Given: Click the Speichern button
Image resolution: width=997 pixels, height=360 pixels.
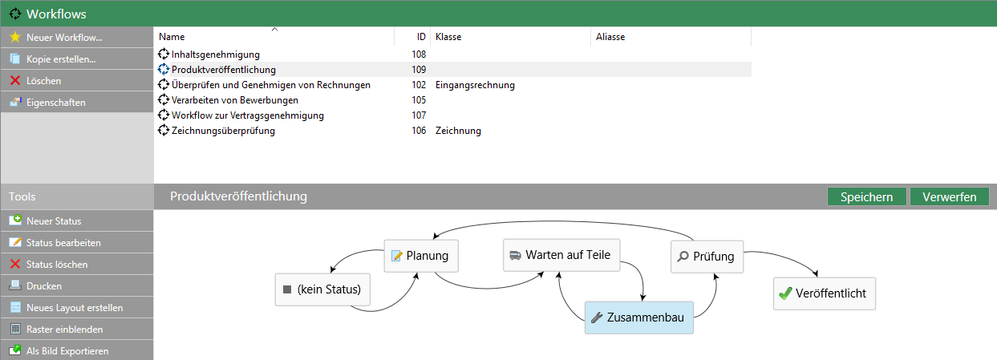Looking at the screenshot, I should point(866,197).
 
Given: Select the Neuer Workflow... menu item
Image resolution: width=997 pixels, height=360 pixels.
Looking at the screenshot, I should point(63,38).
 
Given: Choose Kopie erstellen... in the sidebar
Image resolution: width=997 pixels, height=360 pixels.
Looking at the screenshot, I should point(60,59).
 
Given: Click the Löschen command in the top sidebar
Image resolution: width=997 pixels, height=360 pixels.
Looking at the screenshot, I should point(43,81).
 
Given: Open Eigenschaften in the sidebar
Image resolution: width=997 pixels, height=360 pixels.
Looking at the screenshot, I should point(55,103).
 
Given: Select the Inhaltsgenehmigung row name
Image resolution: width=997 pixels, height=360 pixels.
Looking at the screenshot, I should point(215,55).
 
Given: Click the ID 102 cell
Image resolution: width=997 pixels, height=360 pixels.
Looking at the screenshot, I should point(418,85).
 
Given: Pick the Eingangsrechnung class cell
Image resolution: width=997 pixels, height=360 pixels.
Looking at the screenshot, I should point(475,85).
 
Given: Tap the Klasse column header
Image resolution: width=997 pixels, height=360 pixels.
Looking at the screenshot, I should point(448,37).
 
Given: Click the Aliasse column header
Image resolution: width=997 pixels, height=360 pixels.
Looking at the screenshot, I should point(610,37).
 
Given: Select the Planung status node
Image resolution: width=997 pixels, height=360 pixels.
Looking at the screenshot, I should point(420,257).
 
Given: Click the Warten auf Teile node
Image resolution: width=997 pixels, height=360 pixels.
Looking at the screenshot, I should point(560,255).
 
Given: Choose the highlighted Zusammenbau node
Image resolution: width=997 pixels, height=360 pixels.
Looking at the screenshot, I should point(638,318).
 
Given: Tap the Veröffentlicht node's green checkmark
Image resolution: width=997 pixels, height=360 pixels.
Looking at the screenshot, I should point(785,294).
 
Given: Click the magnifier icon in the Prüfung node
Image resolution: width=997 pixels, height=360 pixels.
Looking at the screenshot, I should point(683,257).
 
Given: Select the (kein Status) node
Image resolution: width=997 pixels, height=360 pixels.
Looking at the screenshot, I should point(322,289).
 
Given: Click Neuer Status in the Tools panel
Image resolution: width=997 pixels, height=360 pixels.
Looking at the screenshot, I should point(53,221).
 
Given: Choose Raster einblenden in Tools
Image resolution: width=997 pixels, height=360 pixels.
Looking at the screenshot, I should point(64,330).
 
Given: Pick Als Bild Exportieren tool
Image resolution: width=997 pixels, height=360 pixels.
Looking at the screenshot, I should point(67,351).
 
